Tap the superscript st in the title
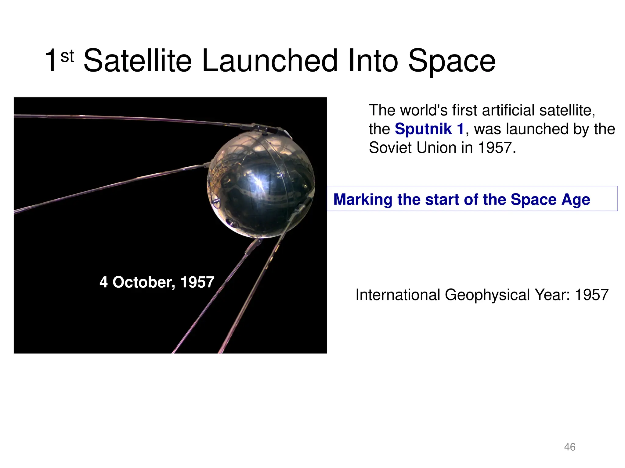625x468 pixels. (67, 56)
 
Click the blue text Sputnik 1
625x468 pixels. (429, 129)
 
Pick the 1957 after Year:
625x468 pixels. (591, 295)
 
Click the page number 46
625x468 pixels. (570, 447)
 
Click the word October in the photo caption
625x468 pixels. (144, 282)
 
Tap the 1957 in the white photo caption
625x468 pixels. (197, 282)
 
